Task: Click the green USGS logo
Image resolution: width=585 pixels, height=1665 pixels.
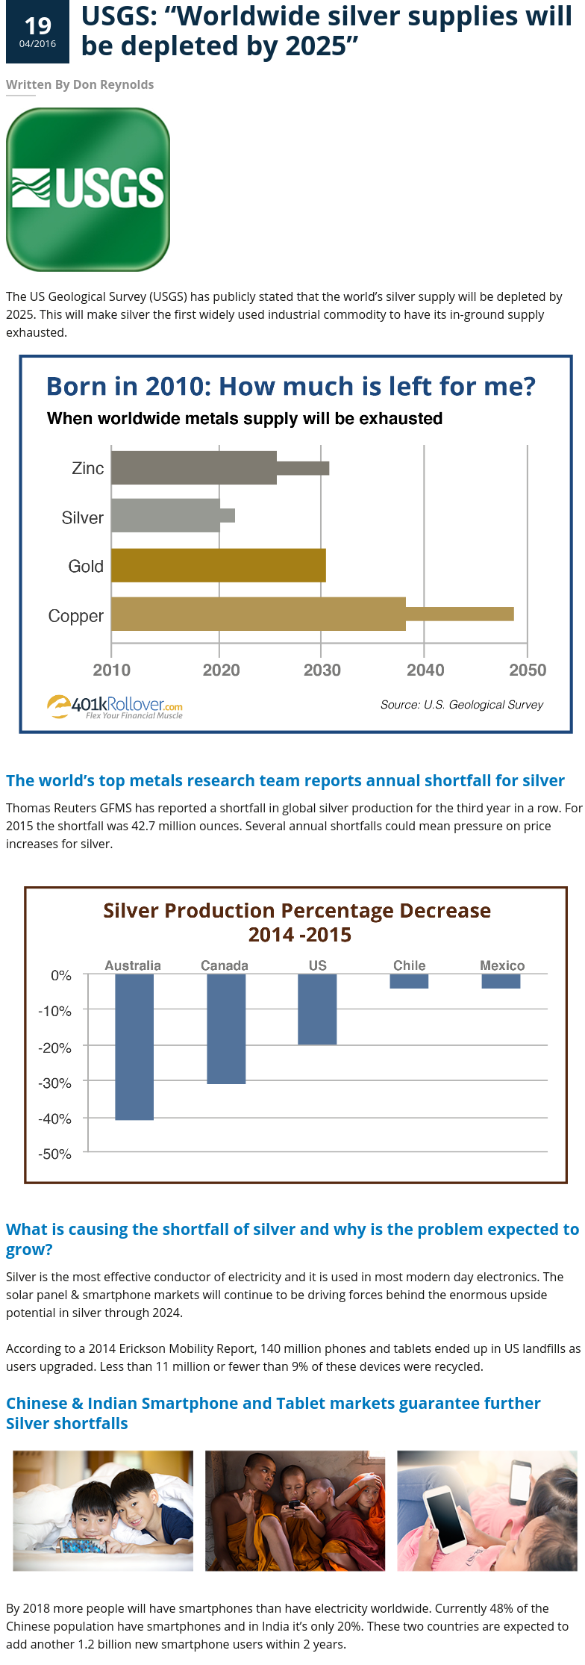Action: [x=88, y=190]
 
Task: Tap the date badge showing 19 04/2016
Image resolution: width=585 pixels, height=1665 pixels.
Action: [x=37, y=32]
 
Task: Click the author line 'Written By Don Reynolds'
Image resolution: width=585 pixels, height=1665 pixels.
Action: [x=80, y=84]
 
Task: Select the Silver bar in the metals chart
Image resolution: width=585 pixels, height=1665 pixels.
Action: [x=166, y=515]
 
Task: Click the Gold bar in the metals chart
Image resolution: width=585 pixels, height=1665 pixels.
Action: [x=218, y=565]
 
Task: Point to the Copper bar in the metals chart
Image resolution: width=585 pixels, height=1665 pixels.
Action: [x=258, y=614]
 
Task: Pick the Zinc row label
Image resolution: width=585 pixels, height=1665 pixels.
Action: [x=87, y=468]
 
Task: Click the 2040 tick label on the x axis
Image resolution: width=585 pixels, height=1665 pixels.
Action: [x=425, y=670]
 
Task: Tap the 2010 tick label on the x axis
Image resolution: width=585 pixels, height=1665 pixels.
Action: [x=112, y=670]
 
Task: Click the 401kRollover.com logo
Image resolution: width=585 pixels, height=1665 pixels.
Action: [x=116, y=706]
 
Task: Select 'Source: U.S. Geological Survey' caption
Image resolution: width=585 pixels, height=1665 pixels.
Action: [x=462, y=704]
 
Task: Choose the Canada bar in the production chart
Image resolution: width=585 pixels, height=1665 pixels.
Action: [x=226, y=1028]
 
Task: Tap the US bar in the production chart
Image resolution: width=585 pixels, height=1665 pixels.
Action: [x=317, y=1009]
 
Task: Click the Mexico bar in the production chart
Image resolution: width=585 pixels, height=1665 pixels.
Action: [x=501, y=981]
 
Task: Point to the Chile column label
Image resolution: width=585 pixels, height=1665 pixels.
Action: [x=410, y=965]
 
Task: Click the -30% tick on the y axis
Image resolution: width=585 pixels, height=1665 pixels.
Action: [x=54, y=1083]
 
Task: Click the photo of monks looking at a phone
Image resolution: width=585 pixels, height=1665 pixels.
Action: [x=295, y=1510]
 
